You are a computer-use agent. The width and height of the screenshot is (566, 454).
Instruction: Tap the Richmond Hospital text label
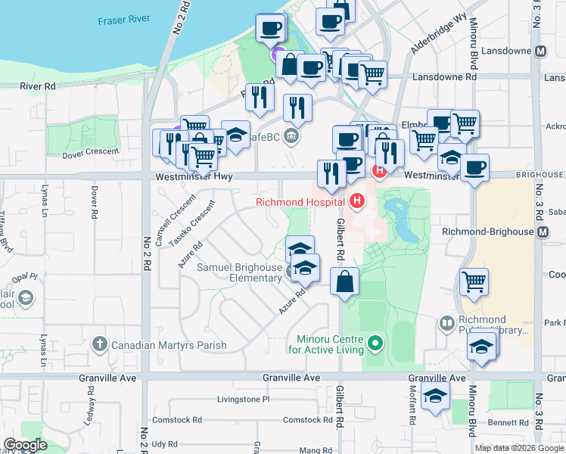[x=300, y=202]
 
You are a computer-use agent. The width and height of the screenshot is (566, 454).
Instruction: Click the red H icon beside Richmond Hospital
[x=356, y=201]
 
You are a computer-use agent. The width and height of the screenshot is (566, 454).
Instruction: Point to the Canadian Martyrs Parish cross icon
[x=99, y=345]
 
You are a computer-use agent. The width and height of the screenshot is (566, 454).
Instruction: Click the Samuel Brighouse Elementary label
[x=239, y=272]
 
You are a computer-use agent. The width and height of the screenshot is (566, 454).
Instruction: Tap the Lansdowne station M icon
[x=540, y=52]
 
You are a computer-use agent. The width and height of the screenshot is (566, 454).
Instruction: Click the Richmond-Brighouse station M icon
[x=543, y=232]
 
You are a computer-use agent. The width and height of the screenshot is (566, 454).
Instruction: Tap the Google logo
[x=25, y=445]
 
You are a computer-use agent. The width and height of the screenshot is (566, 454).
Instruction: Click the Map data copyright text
[x=519, y=448]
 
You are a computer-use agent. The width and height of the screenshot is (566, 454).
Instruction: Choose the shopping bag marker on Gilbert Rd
[x=344, y=281]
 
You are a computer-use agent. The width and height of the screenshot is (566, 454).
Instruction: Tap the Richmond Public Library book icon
[x=446, y=324]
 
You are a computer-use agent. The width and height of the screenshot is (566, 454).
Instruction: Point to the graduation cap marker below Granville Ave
[x=435, y=396]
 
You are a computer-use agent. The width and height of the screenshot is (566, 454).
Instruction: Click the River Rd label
[x=39, y=86]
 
